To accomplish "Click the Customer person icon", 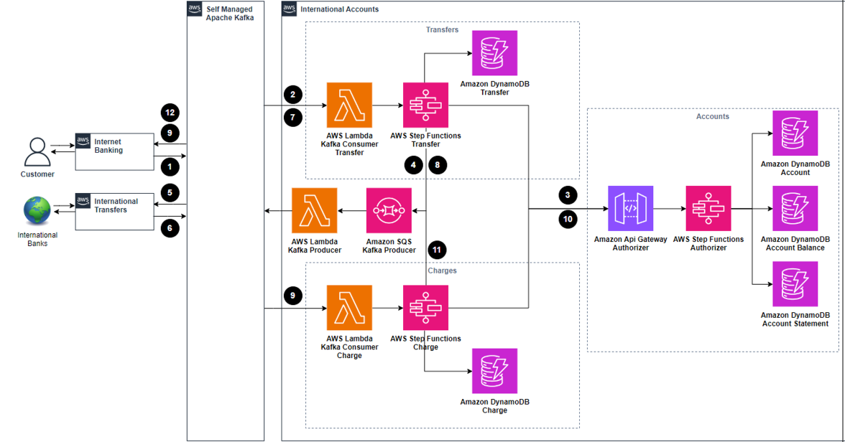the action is click(x=37, y=152).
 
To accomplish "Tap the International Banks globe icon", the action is click(x=37, y=210).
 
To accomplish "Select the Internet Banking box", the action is click(x=115, y=152).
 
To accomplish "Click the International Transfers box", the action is click(x=115, y=211).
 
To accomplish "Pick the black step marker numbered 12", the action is click(x=170, y=113).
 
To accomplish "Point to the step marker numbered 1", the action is click(x=170, y=167).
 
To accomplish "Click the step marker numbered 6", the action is click(x=170, y=228).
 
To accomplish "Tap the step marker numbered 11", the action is click(x=437, y=250).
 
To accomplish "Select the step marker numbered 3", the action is click(x=568, y=195).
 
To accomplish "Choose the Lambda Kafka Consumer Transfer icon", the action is click(x=349, y=105).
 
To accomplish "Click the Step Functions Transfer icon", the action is click(x=425, y=105).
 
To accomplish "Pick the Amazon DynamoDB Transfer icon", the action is click(x=494, y=53).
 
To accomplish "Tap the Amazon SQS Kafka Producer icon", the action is click(x=389, y=210).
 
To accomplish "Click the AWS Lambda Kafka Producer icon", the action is click(x=315, y=210).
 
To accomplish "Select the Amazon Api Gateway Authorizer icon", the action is click(x=631, y=208).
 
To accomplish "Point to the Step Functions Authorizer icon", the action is click(x=708, y=208).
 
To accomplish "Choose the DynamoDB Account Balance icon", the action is click(x=795, y=208).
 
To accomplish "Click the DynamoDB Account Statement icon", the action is click(x=795, y=284).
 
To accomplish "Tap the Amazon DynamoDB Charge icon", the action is click(x=494, y=371).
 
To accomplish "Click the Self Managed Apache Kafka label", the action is click(x=230, y=14).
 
